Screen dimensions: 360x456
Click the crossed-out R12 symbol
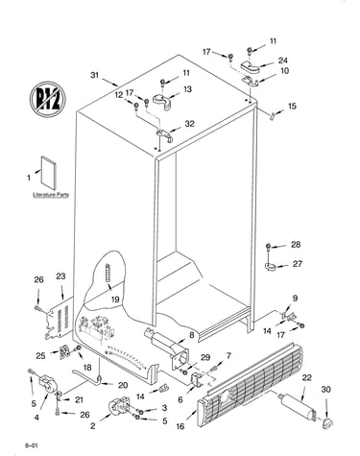48,99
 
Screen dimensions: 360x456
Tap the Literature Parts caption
51,195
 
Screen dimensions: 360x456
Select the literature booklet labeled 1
49,173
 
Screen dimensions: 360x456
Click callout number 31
94,75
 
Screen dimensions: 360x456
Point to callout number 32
190,124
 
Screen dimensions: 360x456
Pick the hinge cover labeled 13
162,101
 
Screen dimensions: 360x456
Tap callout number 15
292,106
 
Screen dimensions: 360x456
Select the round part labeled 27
271,266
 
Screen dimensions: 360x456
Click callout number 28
296,245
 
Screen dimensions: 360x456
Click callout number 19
115,300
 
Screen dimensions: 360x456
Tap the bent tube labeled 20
87,378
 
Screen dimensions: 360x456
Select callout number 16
180,426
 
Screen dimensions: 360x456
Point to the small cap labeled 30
327,422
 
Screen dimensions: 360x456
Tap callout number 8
191,335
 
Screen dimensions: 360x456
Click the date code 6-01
31,445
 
